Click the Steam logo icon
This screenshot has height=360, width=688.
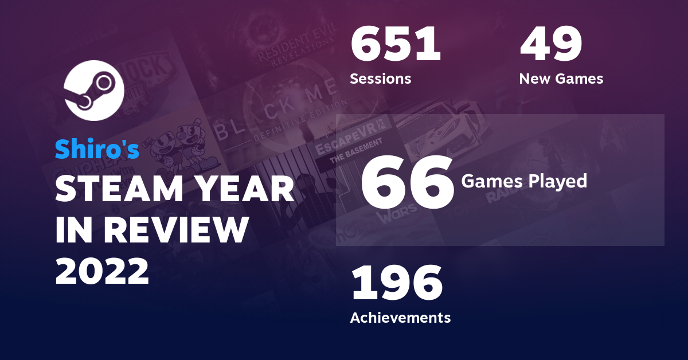coord(94,90)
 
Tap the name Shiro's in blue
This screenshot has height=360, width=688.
coord(97,149)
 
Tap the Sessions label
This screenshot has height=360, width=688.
coord(380,79)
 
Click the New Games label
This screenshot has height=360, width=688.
coord(561,79)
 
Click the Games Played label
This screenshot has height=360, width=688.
coord(524,181)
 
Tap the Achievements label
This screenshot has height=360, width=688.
coord(400,317)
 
